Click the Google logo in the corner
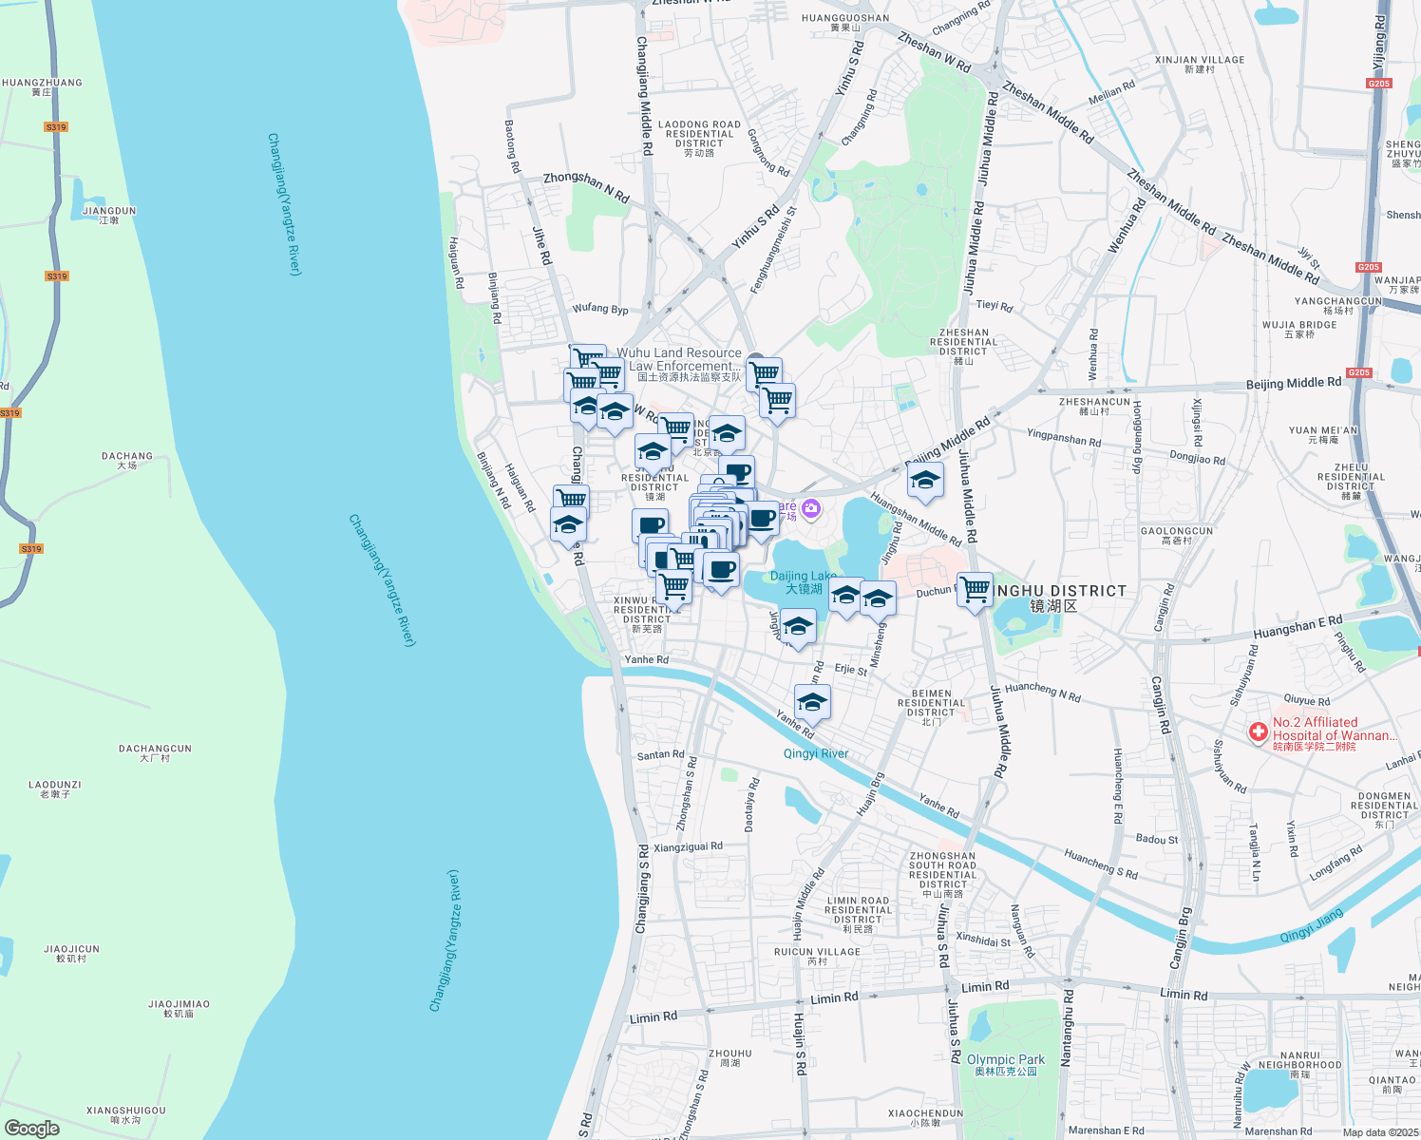(x=31, y=1129)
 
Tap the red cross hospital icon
(x=1258, y=731)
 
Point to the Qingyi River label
(x=816, y=754)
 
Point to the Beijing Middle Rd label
(x=1293, y=384)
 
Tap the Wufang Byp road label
(x=599, y=309)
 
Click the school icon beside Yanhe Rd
(x=812, y=703)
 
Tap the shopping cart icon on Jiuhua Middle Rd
(x=976, y=589)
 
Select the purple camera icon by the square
(x=810, y=509)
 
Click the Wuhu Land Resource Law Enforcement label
(x=679, y=359)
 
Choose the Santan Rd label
(x=660, y=755)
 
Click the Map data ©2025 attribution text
(x=1380, y=1132)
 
